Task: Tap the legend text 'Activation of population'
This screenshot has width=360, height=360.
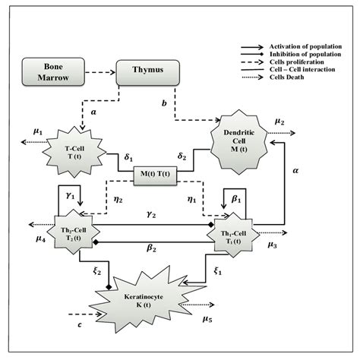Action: pyautogui.click(x=303, y=46)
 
